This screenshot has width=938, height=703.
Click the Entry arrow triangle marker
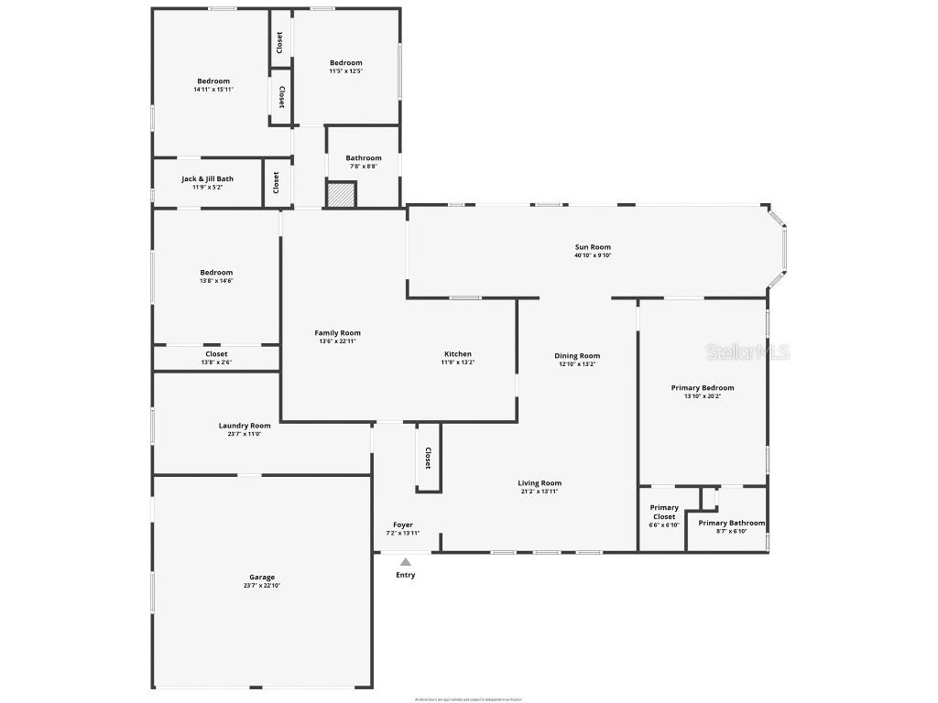(x=405, y=562)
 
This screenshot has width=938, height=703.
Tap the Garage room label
(x=262, y=578)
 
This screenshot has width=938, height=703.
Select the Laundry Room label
(x=245, y=426)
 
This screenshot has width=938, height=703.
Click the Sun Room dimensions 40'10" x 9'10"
(x=593, y=255)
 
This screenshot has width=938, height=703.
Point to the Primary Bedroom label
(x=703, y=388)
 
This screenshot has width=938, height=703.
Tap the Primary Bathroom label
(x=731, y=524)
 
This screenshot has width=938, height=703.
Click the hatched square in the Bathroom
(x=341, y=195)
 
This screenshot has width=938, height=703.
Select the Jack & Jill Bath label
(x=207, y=179)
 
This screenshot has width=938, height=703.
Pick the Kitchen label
(x=458, y=354)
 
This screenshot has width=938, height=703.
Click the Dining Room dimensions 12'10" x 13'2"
(x=577, y=364)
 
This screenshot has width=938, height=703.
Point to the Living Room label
(x=540, y=483)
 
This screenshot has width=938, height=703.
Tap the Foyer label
(x=403, y=525)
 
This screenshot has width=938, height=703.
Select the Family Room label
(x=338, y=333)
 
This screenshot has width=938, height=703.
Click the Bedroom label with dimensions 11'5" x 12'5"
(x=346, y=62)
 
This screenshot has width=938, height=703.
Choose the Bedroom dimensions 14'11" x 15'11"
(x=213, y=90)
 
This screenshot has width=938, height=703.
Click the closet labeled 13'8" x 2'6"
(x=216, y=358)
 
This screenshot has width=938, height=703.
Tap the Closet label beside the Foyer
(x=428, y=458)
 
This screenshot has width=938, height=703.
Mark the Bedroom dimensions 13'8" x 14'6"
(x=216, y=281)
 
